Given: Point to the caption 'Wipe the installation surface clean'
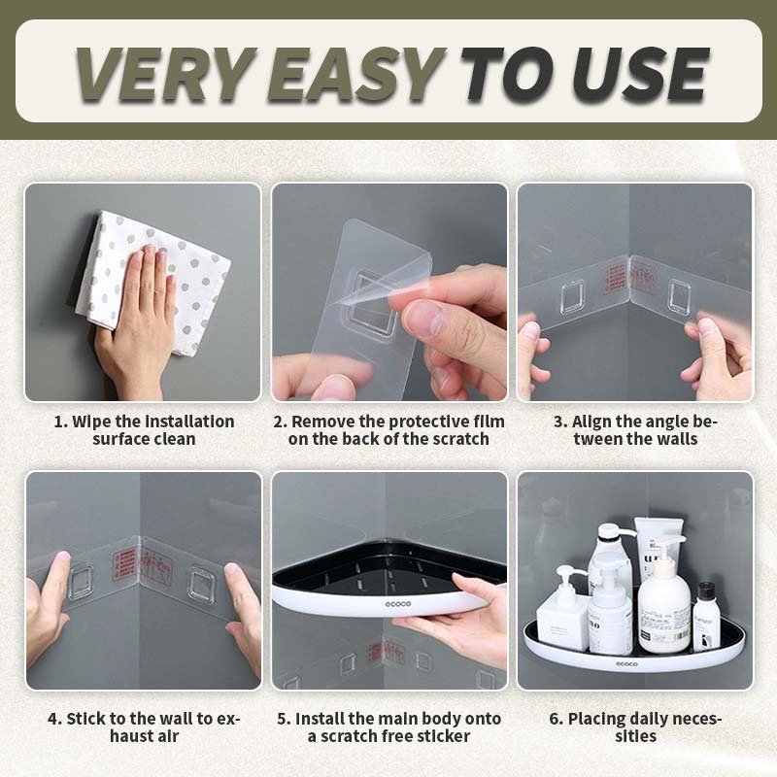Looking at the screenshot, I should click(143, 429).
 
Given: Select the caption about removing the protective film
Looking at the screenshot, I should click(388, 429).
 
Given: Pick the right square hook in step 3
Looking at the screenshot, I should click(680, 297).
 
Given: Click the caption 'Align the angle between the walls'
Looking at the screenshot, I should click(635, 429).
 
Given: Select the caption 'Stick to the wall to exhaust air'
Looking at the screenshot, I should click(143, 726).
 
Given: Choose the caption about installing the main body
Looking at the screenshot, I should click(388, 726).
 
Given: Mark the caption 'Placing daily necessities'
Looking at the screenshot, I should click(635, 726).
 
